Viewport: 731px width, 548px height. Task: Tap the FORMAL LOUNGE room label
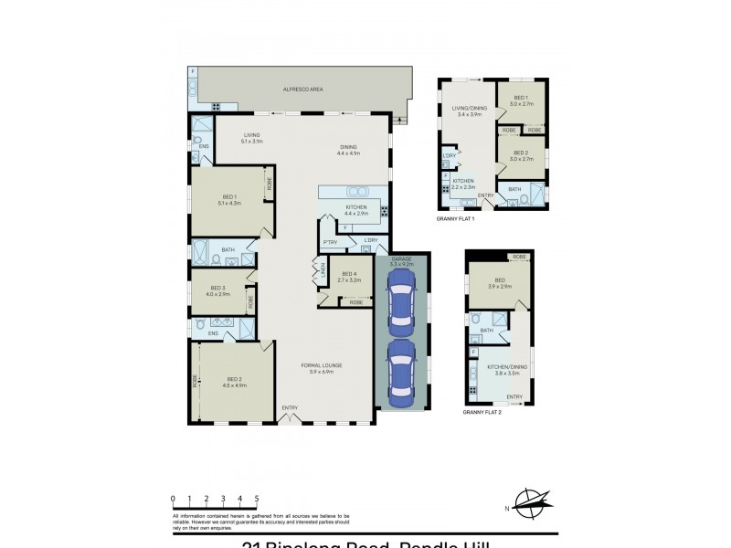322,368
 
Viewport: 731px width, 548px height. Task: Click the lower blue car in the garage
401,374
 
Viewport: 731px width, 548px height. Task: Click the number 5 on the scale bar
258,499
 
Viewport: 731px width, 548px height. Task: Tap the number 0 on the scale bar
173,499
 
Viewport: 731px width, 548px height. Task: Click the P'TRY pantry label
330,242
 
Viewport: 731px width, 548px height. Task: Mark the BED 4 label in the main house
348,277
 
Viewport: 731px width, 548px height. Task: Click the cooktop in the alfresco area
217,106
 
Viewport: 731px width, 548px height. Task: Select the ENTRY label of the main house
290,407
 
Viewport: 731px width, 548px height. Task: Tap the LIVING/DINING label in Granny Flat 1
469,111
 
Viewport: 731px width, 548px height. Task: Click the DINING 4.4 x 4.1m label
348,151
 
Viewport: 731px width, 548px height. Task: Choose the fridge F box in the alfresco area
194,71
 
